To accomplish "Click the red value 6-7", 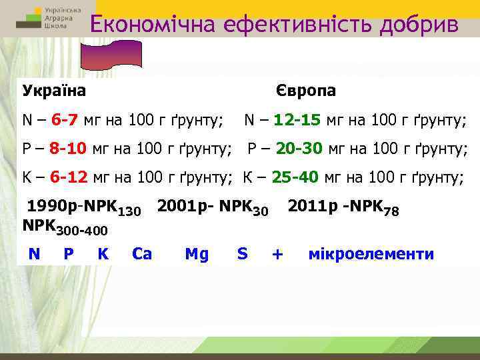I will (66, 121).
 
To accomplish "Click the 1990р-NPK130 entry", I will (83, 209).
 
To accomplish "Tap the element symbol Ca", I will (142, 254).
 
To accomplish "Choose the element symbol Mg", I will (197, 254).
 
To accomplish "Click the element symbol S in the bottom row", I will (242, 254).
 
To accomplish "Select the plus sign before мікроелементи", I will (278, 254).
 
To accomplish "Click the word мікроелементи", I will (371, 254).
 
